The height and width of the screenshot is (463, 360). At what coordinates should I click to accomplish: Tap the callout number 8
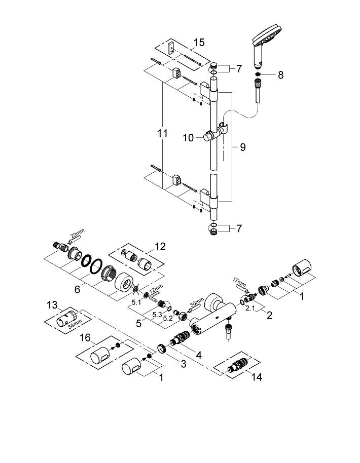point(280,75)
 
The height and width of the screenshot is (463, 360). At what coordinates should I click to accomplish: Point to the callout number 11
point(162,134)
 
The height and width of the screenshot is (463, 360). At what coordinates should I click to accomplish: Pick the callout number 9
point(242,147)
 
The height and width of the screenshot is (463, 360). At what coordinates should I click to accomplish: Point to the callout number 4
point(198,355)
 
